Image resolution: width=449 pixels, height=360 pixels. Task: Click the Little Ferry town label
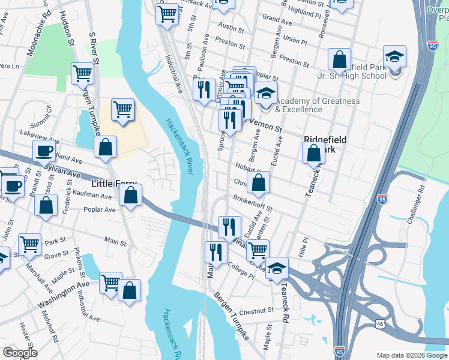tap(114, 183)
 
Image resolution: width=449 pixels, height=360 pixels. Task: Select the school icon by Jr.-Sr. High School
tap(395, 59)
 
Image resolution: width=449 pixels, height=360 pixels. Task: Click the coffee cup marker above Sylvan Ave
tap(44, 152)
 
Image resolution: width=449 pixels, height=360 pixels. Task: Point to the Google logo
tap(19, 353)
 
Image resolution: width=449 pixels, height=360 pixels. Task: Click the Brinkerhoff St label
tap(253, 204)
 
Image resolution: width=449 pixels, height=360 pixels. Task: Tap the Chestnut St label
tap(256, 312)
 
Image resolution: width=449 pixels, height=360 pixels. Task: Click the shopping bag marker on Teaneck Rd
tap(313, 154)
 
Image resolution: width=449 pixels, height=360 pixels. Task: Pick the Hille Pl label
tap(304, 244)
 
